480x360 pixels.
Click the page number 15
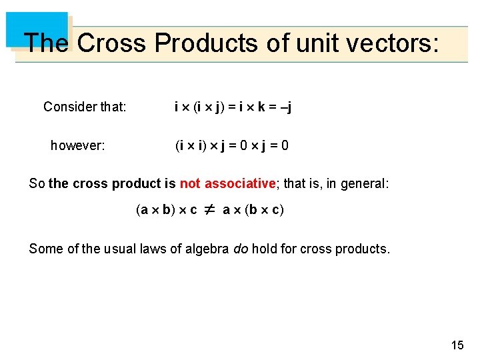tap(457, 345)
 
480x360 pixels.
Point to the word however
tap(77, 145)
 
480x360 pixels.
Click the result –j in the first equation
tap(286, 107)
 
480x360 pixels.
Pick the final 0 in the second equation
tap(285, 145)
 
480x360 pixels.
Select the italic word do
tap(239, 249)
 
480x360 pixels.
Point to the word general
tap(364, 183)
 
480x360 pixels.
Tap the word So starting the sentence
tap(36, 183)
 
